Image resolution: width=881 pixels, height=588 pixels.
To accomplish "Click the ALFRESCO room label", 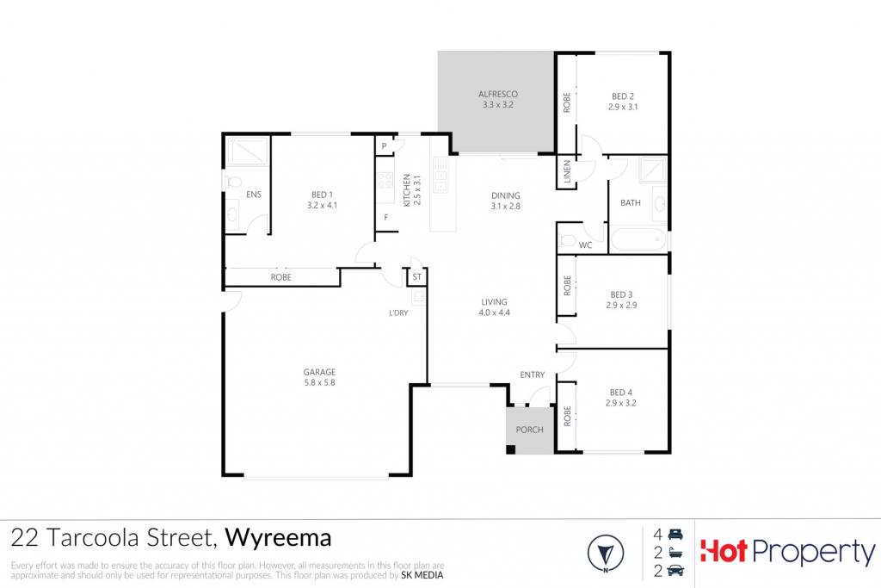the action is pos(498,95).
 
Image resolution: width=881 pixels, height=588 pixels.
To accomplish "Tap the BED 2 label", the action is pos(623,96).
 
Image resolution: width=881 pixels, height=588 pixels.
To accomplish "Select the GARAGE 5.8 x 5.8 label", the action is pos(319,377).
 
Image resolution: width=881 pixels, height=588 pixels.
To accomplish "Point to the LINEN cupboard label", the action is pos(567,171).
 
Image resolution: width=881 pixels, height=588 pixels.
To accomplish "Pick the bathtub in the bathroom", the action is pos(638,240).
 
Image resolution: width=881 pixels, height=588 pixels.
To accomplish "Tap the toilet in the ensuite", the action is pos(232,182).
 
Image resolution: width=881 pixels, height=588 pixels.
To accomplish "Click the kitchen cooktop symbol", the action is pos(385,180).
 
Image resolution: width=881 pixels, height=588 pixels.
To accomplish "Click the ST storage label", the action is pos(417,277).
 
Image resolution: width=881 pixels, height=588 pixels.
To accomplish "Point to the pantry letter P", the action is pos(384,146).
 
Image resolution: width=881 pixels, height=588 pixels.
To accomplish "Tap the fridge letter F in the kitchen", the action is pos(386,218).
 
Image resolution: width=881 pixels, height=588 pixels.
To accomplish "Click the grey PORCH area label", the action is pos(529,430).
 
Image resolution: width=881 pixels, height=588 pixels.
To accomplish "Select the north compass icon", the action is pos(606,554).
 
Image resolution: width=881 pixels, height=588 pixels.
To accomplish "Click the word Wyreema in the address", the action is pos(278,538).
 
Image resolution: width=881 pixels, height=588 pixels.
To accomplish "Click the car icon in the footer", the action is pos(675,571).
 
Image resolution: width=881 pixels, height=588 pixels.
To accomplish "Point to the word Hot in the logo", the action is pos(724,552).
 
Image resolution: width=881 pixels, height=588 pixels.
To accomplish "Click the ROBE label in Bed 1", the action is pos(281,277).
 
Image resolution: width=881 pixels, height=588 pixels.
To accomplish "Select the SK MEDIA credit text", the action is pos(422,575).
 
